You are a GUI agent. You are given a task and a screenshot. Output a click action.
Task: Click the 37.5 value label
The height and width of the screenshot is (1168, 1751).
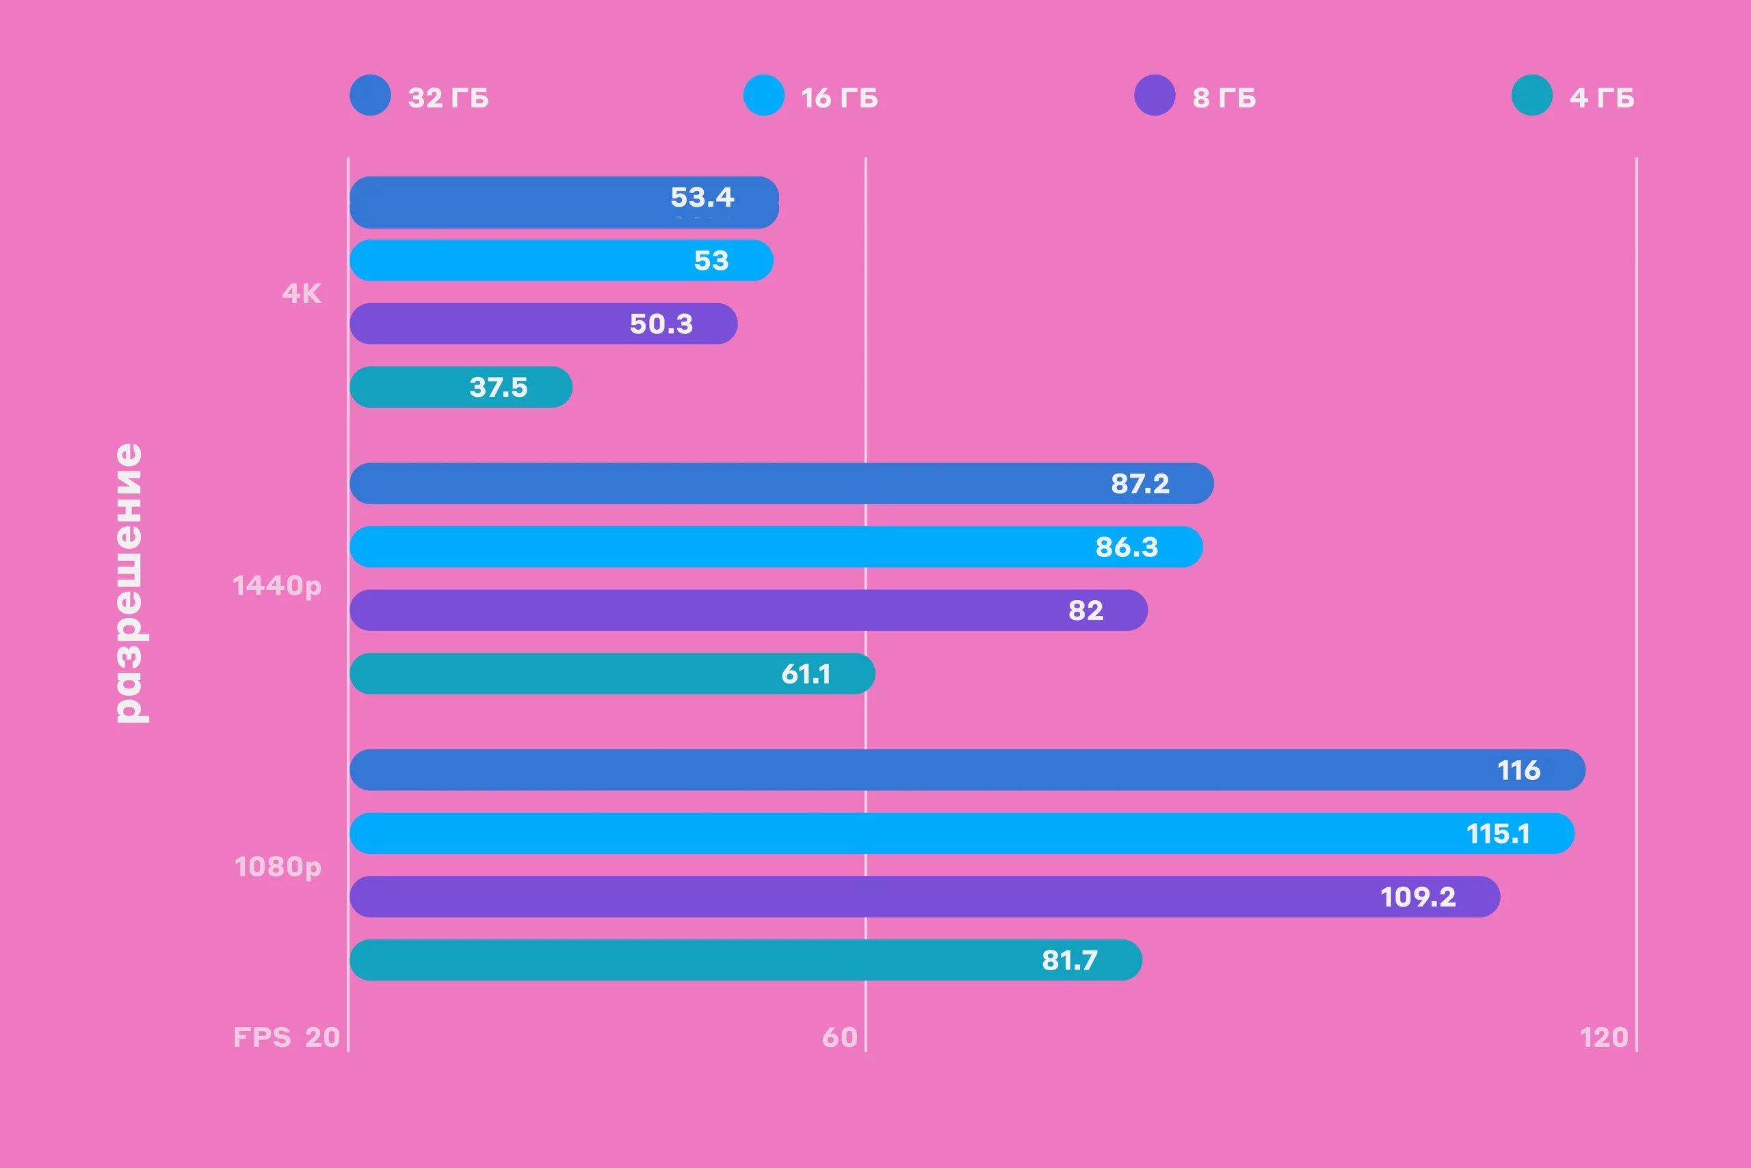(498, 387)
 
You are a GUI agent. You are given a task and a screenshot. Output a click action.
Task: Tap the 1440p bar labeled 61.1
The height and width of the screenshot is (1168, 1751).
(612, 674)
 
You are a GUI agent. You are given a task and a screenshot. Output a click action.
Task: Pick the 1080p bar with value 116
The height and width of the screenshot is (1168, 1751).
(967, 770)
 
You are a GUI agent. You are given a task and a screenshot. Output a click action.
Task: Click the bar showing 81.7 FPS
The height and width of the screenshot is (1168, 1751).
(746, 960)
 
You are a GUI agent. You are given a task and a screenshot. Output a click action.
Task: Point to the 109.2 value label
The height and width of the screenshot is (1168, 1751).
(1417, 897)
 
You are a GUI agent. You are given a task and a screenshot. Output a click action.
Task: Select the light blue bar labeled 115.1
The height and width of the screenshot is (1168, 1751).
(961, 833)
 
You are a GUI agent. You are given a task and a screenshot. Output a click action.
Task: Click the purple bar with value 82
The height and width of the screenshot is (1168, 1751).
(748, 611)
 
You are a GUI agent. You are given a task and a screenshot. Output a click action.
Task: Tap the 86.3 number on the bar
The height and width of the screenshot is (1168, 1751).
(1127, 547)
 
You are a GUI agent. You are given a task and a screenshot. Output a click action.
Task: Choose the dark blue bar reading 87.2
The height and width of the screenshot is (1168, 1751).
(781, 484)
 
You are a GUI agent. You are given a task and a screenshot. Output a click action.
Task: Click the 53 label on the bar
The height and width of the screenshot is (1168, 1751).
(711, 261)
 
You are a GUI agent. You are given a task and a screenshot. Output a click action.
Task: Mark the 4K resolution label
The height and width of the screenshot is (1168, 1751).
(302, 294)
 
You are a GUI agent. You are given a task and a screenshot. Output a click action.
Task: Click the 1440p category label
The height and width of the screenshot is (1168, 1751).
(277, 586)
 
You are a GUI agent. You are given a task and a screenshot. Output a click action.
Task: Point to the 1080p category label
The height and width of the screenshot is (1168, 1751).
(278, 867)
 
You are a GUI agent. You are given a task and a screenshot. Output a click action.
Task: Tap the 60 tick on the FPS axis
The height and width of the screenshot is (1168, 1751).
(839, 1037)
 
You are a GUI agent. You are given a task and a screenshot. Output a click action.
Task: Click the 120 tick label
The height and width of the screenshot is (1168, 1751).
(1603, 1037)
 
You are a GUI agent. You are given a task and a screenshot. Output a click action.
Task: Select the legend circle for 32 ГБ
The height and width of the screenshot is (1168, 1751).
(370, 95)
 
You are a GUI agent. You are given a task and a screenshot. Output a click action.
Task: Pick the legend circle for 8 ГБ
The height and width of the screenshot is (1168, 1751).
(1155, 95)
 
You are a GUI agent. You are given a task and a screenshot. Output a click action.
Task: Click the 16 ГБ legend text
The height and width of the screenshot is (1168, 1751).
(839, 98)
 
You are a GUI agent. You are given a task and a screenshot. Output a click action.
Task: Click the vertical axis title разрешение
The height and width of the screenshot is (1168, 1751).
(129, 582)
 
